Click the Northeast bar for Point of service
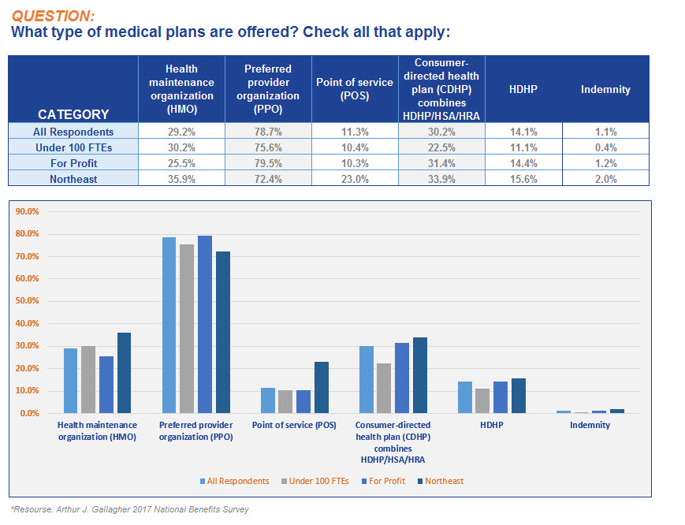(x=322, y=387)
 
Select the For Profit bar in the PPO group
(x=205, y=325)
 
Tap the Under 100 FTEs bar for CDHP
(x=384, y=389)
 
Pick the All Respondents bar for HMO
(x=70, y=381)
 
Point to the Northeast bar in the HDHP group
(x=519, y=396)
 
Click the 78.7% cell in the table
(x=268, y=132)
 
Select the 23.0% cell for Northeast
(x=355, y=179)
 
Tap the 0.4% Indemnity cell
(x=605, y=147)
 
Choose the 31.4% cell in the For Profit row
(x=441, y=163)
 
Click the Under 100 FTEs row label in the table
(x=73, y=147)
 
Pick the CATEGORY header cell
(x=73, y=89)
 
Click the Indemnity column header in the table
(x=605, y=90)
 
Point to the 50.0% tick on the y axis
(x=27, y=301)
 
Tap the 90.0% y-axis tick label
(x=27, y=211)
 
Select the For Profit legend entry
(x=383, y=481)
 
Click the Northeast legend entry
(x=441, y=481)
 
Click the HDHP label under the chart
(x=491, y=425)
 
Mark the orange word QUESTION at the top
(x=53, y=17)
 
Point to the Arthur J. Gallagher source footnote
(x=130, y=509)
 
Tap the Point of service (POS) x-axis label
(x=294, y=425)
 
